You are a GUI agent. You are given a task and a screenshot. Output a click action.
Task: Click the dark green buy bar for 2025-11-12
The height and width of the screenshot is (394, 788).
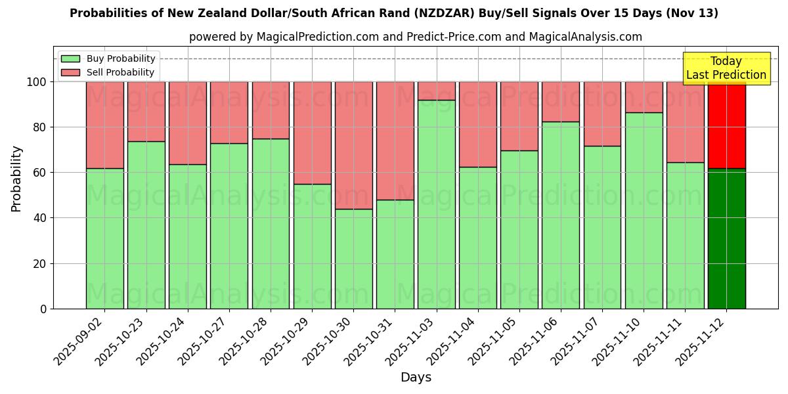click(x=726, y=240)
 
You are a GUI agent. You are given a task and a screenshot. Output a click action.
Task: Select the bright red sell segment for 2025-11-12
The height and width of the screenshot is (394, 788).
click(x=726, y=125)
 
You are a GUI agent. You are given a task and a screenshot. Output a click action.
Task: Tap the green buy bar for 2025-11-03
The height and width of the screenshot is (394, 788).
click(x=436, y=204)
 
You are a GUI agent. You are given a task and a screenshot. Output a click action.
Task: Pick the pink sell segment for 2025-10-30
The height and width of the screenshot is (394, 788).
click(x=353, y=145)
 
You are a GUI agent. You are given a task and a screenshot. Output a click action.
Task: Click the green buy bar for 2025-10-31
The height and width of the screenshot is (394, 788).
click(x=395, y=254)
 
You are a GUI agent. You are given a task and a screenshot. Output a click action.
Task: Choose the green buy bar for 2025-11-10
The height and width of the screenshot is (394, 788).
click(x=644, y=210)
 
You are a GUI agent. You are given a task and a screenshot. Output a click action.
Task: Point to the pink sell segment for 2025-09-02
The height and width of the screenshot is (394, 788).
click(x=104, y=125)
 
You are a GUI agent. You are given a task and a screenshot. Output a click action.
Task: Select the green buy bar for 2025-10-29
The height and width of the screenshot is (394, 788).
click(x=312, y=246)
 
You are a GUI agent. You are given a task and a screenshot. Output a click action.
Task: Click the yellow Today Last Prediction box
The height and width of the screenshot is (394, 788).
click(x=726, y=68)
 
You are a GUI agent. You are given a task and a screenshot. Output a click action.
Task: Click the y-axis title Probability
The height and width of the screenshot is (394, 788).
click(x=16, y=179)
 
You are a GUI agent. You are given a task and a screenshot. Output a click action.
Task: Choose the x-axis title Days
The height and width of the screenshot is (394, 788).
click(x=416, y=378)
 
